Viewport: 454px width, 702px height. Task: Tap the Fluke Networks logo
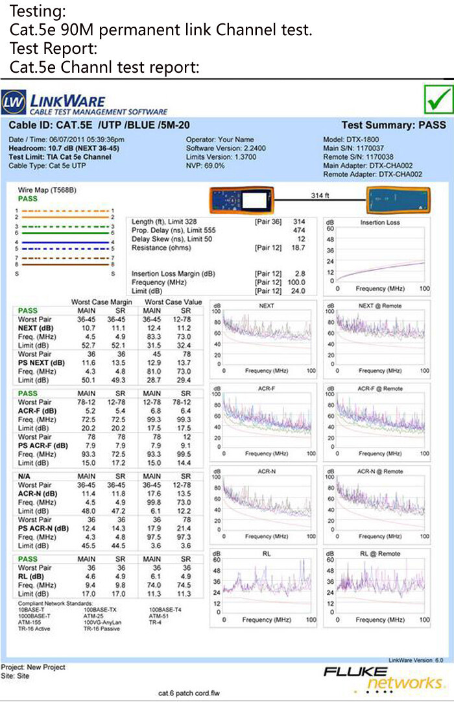point(383,678)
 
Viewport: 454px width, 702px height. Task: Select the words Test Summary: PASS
point(392,125)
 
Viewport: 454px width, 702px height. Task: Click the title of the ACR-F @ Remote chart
point(380,388)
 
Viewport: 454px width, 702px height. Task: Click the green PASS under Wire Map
point(27,199)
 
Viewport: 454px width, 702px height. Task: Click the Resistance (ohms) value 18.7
point(298,248)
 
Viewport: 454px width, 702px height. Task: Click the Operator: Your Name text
point(220,140)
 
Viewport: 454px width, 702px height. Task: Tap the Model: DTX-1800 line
point(351,140)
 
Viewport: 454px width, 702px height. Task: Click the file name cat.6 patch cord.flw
point(189,694)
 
